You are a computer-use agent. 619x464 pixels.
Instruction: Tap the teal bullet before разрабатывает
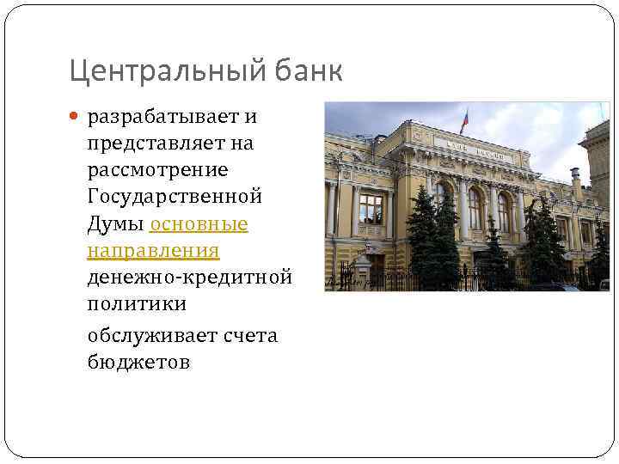tap(74, 116)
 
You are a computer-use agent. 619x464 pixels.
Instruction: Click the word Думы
tap(114, 223)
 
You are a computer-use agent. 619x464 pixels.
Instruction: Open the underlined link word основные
tap(199, 223)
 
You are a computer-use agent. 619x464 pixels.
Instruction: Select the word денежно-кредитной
tap(190, 278)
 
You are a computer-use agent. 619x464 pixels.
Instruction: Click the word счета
tap(250, 335)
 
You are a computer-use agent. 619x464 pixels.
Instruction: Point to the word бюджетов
tap(138, 362)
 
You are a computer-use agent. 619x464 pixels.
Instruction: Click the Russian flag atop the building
tap(464, 119)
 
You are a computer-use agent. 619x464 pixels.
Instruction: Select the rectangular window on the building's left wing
tap(371, 209)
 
